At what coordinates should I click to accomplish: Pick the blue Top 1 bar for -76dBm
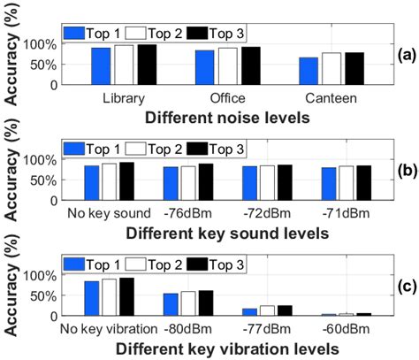pyautogui.click(x=171, y=183)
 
